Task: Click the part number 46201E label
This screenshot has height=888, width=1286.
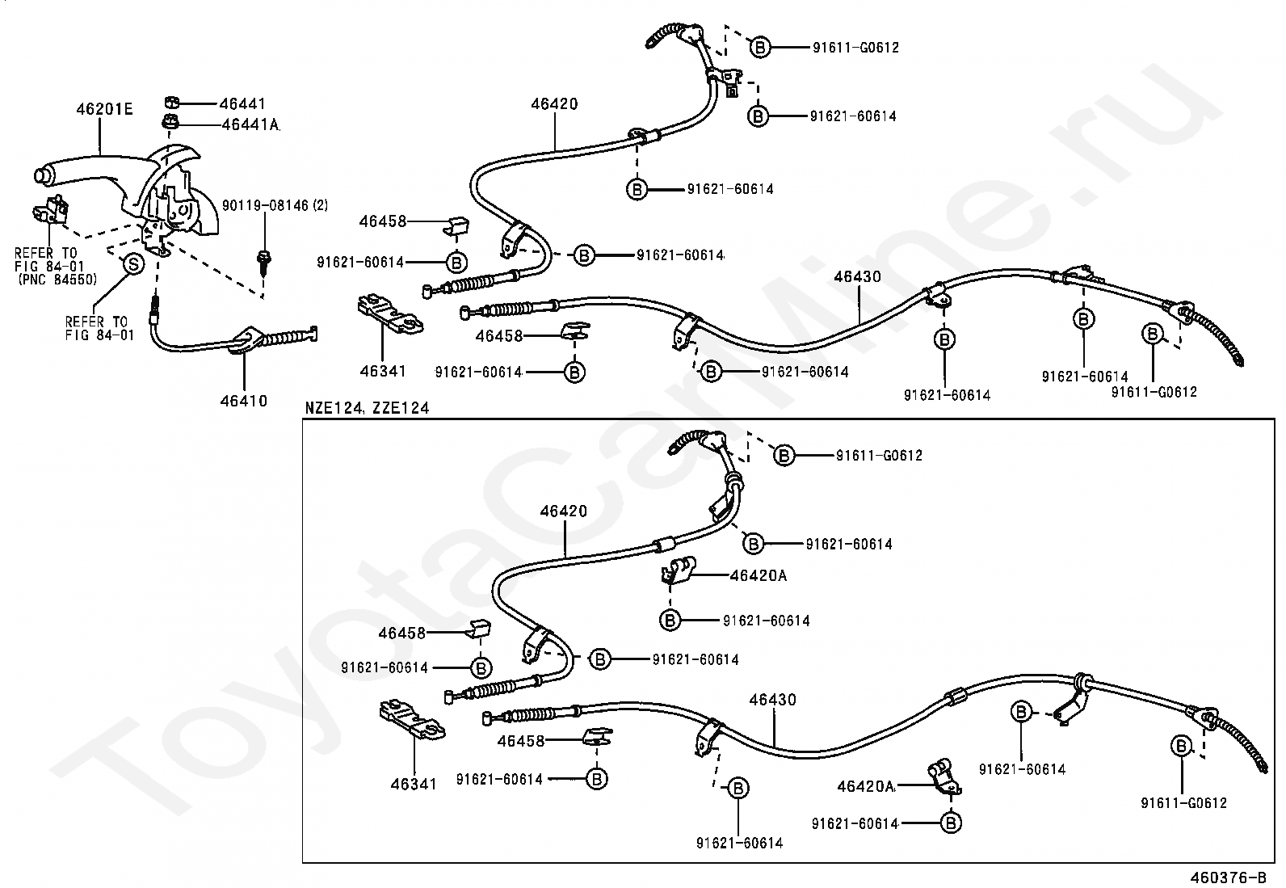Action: click(x=104, y=108)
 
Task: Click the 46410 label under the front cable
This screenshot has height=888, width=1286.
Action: click(x=244, y=401)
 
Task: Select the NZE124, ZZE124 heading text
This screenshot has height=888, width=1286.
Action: click(x=367, y=408)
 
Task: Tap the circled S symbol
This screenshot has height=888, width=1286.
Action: click(x=132, y=263)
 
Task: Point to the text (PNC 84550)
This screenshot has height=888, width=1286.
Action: click(x=57, y=280)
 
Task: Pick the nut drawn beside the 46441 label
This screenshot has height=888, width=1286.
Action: click(x=172, y=103)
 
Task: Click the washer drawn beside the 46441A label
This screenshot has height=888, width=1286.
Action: click(x=170, y=123)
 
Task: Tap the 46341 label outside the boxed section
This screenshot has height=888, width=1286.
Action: click(x=383, y=371)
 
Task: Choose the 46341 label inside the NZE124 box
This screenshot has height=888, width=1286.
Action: click(x=414, y=783)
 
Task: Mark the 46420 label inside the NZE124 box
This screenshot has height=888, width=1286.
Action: click(x=564, y=511)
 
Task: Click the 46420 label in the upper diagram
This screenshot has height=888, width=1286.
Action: click(x=554, y=103)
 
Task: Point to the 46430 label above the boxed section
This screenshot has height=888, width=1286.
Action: click(x=857, y=276)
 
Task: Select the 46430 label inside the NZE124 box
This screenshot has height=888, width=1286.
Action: click(x=772, y=700)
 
